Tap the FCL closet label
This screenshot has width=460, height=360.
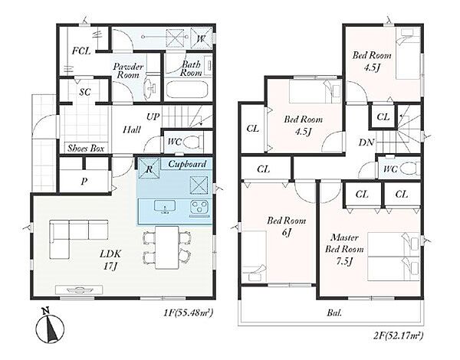(x=81, y=51)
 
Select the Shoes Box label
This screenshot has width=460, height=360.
(x=86, y=149)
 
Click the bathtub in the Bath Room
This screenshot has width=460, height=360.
(x=187, y=90)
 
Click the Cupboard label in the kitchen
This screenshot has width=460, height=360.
(x=187, y=164)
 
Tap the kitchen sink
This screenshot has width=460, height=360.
(x=165, y=206)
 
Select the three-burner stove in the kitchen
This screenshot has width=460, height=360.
(x=199, y=207)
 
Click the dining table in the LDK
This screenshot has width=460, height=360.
(x=166, y=247)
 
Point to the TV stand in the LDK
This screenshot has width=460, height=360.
(x=79, y=290)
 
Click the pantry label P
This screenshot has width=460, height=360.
(x=84, y=182)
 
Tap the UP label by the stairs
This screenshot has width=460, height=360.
(x=153, y=117)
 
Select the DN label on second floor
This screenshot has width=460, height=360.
(x=366, y=142)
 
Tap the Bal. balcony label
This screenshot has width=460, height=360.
(x=334, y=313)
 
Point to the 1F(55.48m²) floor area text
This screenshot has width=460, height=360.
(x=189, y=313)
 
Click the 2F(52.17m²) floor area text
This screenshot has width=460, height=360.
(x=398, y=335)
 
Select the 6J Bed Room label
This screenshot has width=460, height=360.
(x=286, y=226)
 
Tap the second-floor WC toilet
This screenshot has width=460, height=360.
(x=409, y=169)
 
